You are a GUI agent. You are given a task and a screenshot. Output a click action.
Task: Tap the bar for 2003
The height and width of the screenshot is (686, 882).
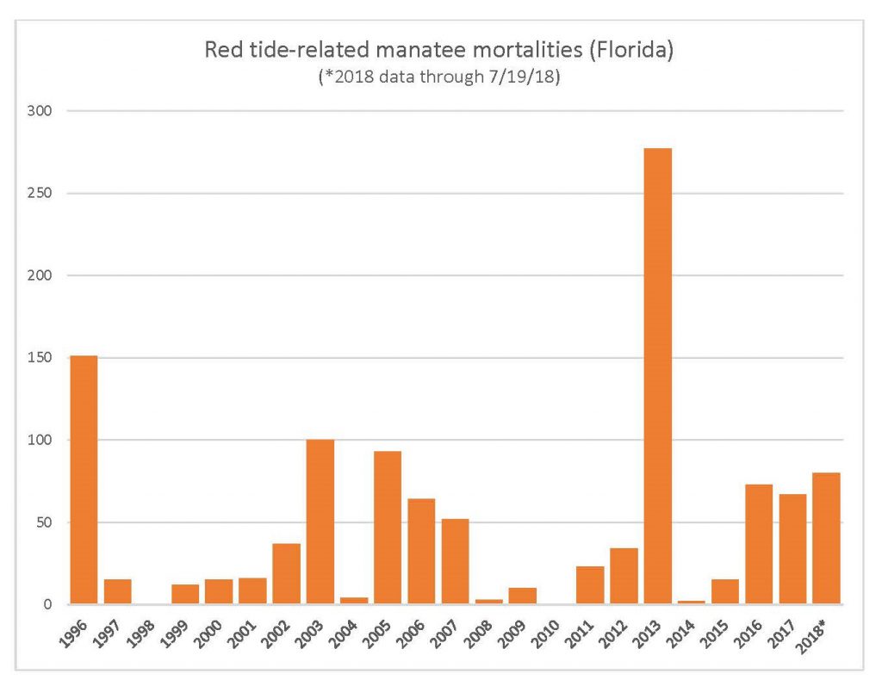point(320,522)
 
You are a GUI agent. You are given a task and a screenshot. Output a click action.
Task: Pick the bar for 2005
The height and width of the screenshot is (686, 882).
point(387,528)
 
